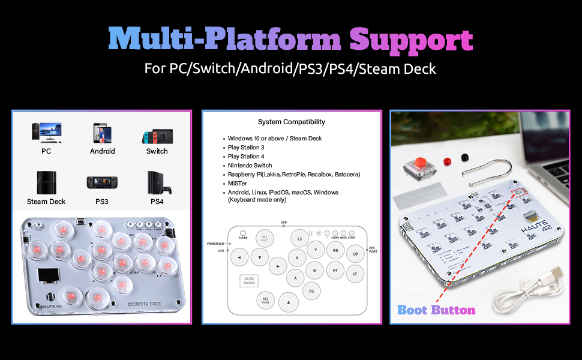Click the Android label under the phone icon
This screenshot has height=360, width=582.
[102, 151]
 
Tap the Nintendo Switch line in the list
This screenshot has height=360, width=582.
[250, 165]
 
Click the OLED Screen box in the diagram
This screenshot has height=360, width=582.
[249, 280]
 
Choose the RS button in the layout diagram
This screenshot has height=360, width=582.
[312, 292]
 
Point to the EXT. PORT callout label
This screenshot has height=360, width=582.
[372, 248]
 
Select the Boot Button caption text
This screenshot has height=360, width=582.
[436, 310]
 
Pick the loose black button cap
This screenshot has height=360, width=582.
[464, 157]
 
